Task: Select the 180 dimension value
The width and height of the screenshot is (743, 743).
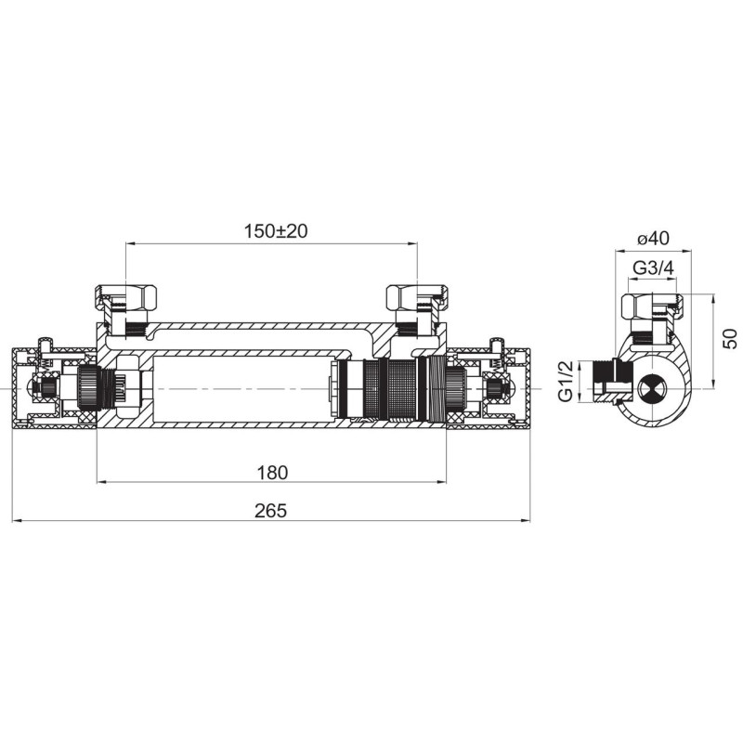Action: pyautogui.click(x=272, y=473)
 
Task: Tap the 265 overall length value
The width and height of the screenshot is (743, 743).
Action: pyautogui.click(x=270, y=510)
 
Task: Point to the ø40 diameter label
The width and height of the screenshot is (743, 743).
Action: pyautogui.click(x=653, y=239)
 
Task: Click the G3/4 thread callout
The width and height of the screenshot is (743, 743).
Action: pyautogui.click(x=653, y=268)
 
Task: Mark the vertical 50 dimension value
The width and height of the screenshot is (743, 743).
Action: pyautogui.click(x=731, y=339)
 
